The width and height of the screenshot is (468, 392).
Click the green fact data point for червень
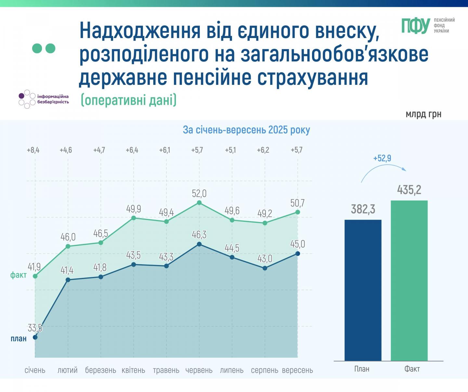[199, 203]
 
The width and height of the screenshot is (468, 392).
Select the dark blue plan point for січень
[35, 337]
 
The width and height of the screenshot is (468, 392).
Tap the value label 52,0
[199, 193]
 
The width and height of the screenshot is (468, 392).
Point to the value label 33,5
[35, 328]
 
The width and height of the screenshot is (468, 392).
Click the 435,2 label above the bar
[409, 189]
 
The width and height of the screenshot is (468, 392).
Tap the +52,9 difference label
[382, 158]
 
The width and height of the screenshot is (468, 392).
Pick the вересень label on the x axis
[297, 370]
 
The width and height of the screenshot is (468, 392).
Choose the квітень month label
[133, 370]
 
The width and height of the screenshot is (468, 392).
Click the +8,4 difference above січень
[33, 150]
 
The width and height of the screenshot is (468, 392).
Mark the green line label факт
[19, 275]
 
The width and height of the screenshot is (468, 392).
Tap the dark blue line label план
[19, 338]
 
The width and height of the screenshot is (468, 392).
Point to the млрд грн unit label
[423, 114]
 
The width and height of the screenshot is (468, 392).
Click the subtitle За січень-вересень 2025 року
[246, 130]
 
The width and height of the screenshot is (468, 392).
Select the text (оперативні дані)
[129, 100]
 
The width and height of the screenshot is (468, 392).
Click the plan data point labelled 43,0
[265, 268]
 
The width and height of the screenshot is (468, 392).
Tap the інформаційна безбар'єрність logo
[44, 99]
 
